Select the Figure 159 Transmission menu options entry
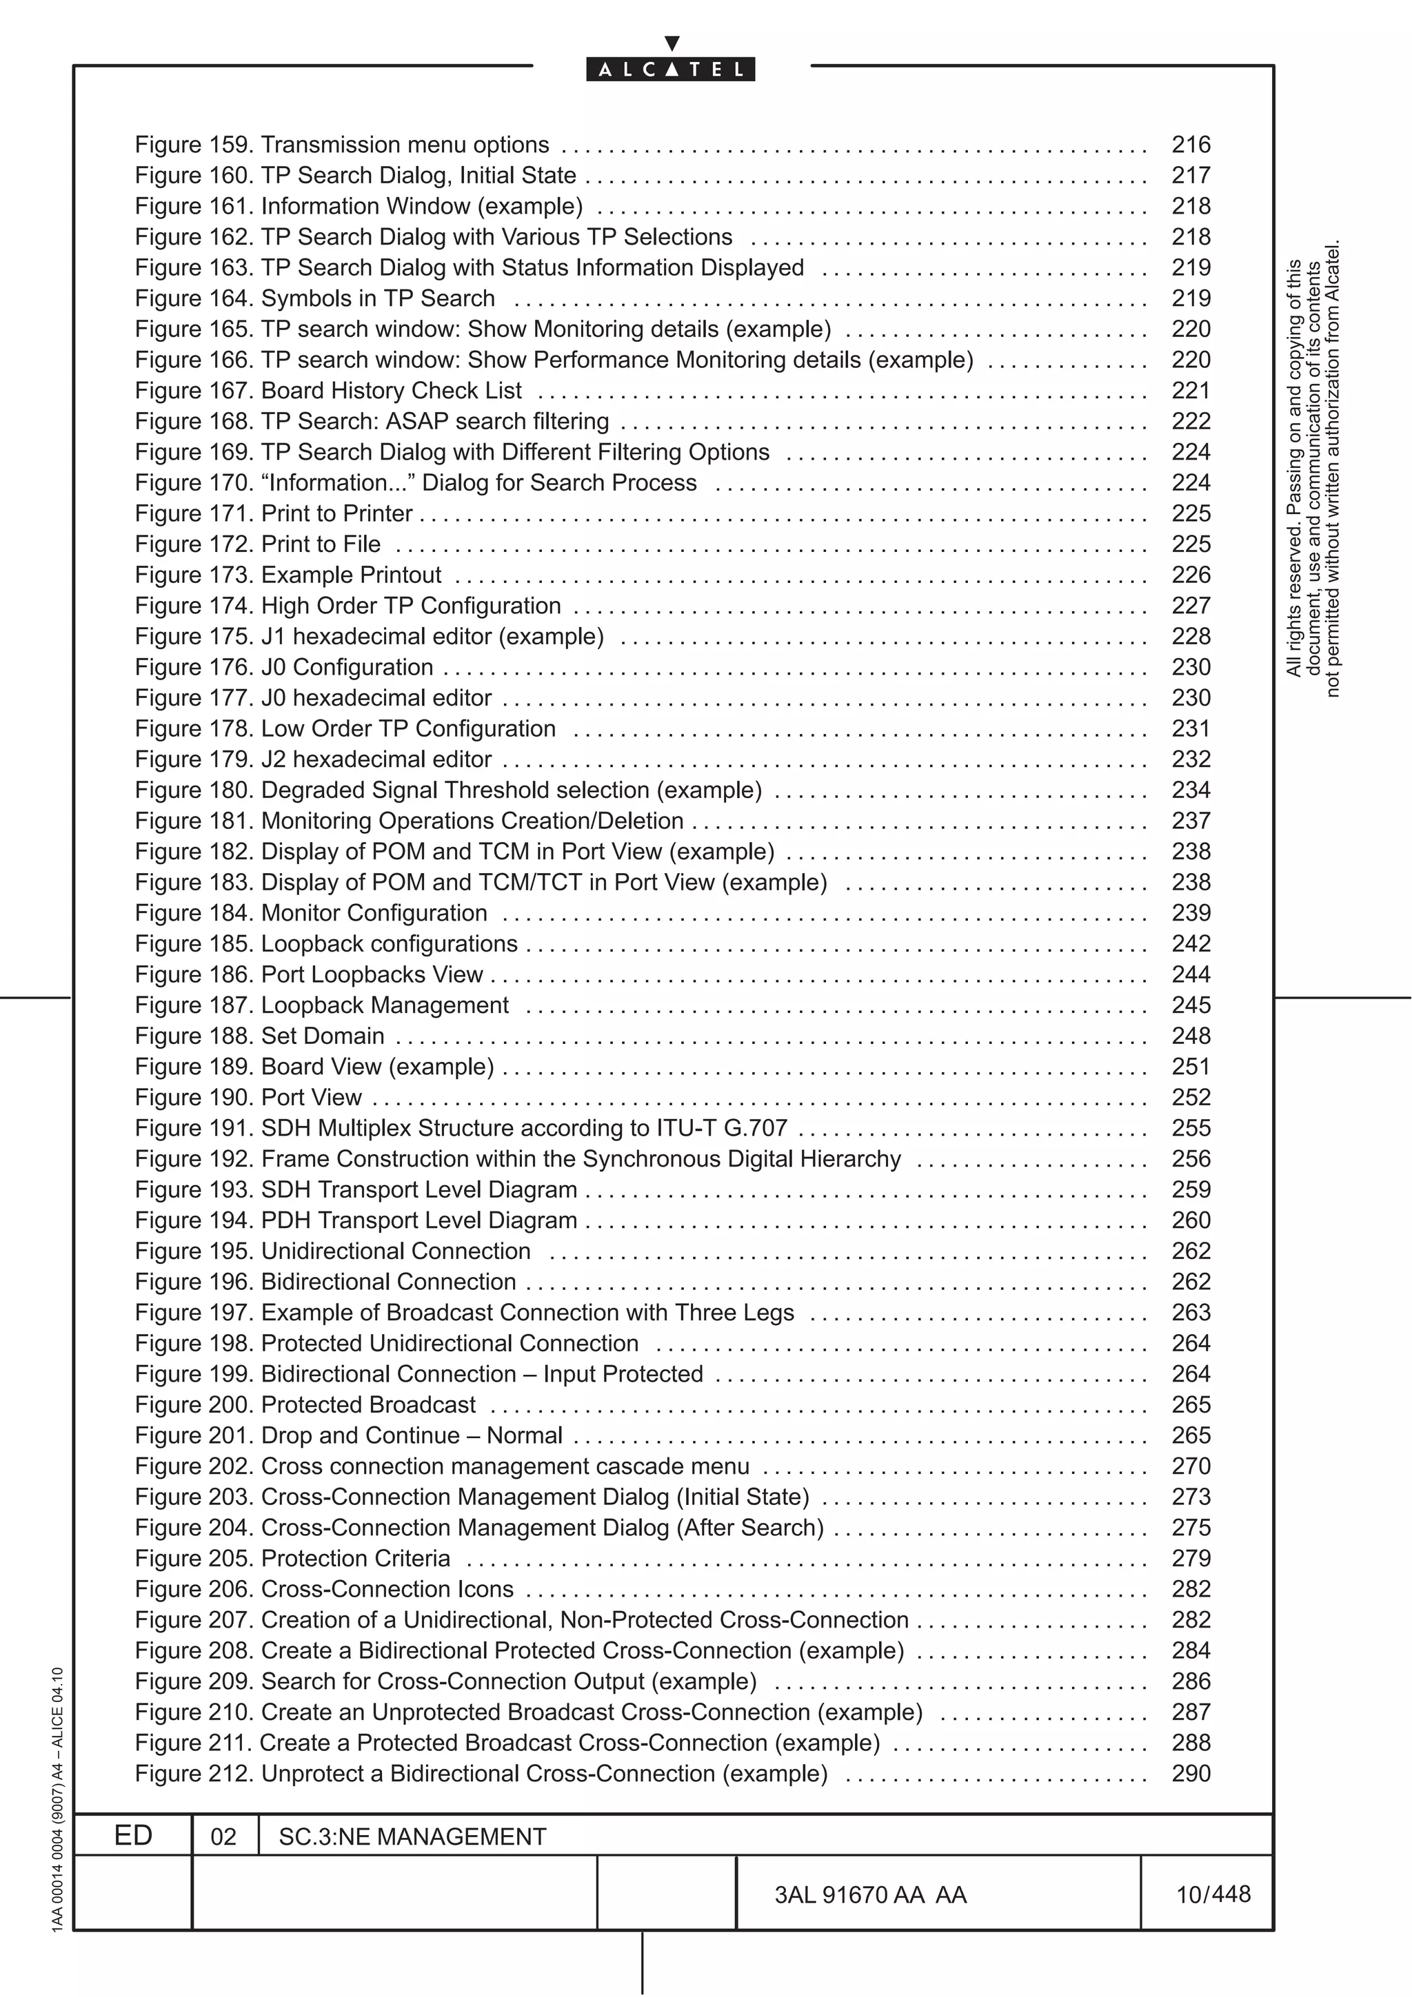click(x=342, y=145)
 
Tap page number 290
click(x=1190, y=1774)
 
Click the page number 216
click(x=1190, y=145)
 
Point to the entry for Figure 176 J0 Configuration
click(x=283, y=667)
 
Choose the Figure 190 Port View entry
click(x=248, y=1098)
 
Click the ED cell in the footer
click(x=133, y=1835)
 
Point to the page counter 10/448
click(x=1213, y=1894)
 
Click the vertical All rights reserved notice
click(x=1313, y=470)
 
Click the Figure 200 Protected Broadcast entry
click(x=305, y=1404)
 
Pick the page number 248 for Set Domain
click(x=1190, y=1036)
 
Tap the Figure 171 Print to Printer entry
click(x=273, y=513)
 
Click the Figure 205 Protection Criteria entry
click(x=292, y=1559)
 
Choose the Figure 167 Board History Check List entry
click(x=328, y=391)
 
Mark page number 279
click(x=1190, y=1559)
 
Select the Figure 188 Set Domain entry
click(x=259, y=1036)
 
